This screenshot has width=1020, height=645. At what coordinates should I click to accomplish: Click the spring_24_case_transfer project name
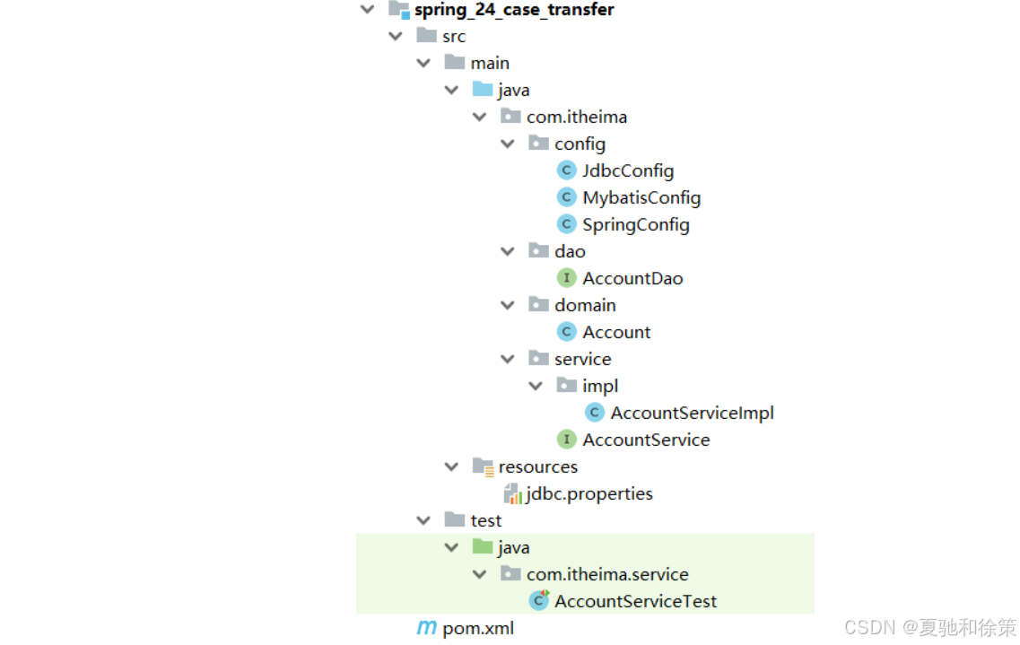point(514,10)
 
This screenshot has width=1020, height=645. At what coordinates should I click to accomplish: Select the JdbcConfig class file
point(627,170)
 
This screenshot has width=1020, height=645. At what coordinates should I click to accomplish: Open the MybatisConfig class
point(641,197)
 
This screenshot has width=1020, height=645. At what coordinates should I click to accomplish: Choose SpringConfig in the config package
point(635,224)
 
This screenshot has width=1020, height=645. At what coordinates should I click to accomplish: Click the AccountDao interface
point(632,278)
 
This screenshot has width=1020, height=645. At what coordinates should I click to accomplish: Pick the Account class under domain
point(616,332)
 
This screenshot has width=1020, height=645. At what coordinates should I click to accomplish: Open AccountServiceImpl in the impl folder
point(692,413)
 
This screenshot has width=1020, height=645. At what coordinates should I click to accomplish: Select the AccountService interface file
point(646,440)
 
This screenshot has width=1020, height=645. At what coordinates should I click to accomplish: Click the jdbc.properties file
point(588,493)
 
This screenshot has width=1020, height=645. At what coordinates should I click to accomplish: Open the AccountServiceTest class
point(635,601)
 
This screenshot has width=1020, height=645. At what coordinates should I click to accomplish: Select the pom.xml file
point(478,628)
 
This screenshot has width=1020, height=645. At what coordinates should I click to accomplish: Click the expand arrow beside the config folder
point(508,144)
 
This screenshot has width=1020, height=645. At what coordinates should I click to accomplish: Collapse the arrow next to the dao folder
point(508,251)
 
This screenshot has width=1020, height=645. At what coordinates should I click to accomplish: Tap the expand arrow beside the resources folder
point(452,466)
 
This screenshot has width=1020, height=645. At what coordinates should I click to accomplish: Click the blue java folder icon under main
point(483,90)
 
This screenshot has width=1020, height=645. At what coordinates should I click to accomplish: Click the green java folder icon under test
point(483,547)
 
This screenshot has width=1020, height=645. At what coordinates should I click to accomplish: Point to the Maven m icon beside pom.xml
point(427,628)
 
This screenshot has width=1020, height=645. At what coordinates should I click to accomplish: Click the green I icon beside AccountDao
point(566,278)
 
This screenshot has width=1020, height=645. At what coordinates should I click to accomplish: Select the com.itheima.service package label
point(607,574)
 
